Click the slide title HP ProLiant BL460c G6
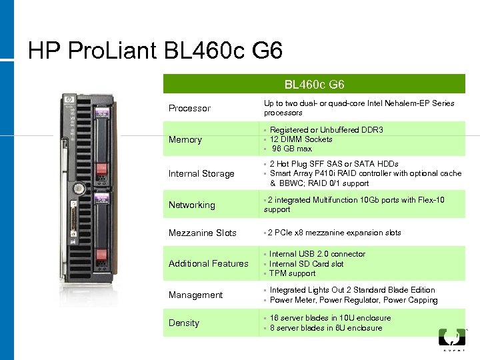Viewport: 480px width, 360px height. [155, 50]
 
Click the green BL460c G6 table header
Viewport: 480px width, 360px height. [314, 85]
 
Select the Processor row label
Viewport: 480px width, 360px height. [189, 108]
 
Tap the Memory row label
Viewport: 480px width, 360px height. [185, 139]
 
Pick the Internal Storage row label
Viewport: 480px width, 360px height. [201, 173]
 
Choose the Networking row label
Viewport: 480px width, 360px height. [191, 205]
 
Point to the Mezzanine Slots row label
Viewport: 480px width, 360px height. [202, 233]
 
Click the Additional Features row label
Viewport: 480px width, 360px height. [208, 263]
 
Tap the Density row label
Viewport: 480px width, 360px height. [183, 323]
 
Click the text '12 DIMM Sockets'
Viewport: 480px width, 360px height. [301, 139]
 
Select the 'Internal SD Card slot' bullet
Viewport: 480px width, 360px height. [307, 263]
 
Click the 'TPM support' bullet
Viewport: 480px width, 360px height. [293, 273]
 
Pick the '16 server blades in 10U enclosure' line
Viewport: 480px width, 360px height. [330, 318]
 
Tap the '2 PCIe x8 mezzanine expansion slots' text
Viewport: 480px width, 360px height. [334, 233]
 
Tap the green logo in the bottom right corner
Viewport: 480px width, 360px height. [451, 337]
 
